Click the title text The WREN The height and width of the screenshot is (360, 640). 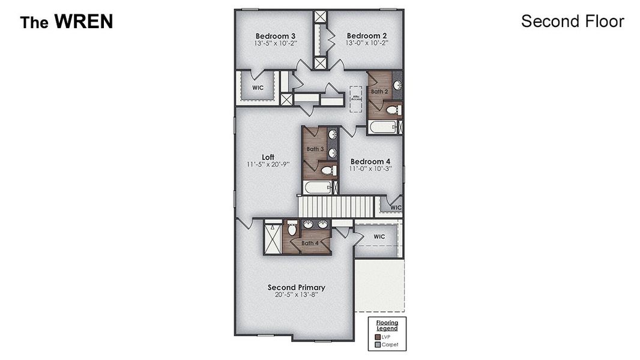(66, 22)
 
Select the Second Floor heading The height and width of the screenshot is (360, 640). (572, 22)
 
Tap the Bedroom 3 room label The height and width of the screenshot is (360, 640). (275, 35)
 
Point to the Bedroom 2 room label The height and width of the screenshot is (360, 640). (366, 35)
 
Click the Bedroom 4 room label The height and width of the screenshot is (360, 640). (370, 161)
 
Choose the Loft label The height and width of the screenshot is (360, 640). (268, 157)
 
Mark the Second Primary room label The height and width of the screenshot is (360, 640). (296, 287)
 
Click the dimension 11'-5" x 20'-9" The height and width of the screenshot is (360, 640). (268, 164)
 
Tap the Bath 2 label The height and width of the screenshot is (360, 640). (379, 92)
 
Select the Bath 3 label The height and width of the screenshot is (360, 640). (315, 149)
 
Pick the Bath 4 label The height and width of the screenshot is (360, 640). (310, 243)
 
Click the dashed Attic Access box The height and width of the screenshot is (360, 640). (357, 98)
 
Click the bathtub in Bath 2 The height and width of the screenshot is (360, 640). (382, 127)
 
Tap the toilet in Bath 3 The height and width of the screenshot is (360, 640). (328, 171)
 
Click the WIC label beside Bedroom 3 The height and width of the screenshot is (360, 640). (258, 88)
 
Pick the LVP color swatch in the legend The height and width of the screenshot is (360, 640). (377, 337)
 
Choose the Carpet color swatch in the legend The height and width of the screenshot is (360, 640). (377, 345)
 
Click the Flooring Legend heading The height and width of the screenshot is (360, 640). (387, 325)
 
